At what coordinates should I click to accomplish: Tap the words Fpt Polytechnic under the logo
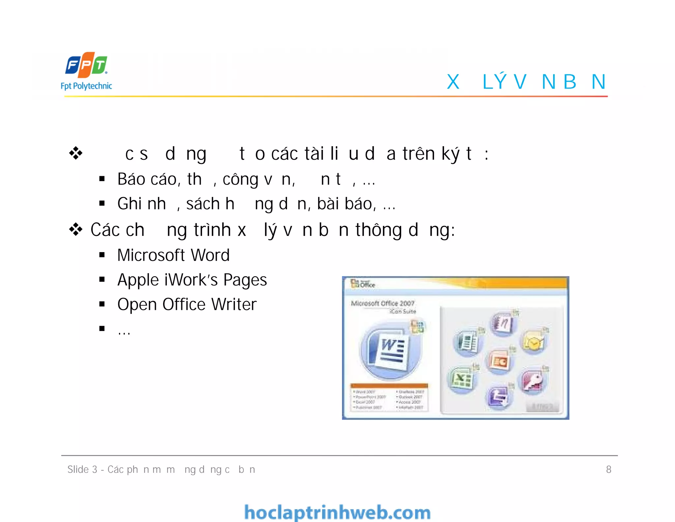point(86,86)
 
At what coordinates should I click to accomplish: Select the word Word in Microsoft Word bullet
point(210,255)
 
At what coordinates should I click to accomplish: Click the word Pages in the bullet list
point(245,280)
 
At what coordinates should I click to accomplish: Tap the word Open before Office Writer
point(137,305)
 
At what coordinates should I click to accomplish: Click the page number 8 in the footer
point(608,469)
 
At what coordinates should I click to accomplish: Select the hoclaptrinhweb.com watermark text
point(337,512)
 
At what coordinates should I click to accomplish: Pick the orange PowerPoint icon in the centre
point(499,362)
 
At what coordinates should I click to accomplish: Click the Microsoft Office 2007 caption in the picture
point(382,303)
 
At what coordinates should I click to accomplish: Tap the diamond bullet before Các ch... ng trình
point(76,230)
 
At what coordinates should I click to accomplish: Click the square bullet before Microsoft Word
point(102,255)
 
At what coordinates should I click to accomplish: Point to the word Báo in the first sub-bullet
point(131,179)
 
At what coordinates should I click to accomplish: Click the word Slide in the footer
point(78,469)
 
